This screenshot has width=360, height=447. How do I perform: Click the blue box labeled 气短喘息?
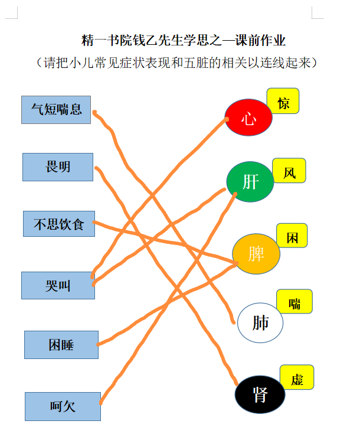tap(56, 110)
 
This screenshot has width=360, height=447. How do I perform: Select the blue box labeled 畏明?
tap(58, 167)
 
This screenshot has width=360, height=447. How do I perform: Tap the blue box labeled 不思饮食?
tap(59, 224)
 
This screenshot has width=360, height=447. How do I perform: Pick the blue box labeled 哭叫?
tap(58, 285)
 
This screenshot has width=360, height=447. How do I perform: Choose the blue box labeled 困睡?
tap(61, 345)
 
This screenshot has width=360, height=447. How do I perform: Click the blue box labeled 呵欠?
tap(63, 406)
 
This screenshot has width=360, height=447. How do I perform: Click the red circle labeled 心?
tap(248, 118)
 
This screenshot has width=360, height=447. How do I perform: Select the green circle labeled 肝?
tap(250, 182)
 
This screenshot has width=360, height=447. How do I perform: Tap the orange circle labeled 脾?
tap(256, 254)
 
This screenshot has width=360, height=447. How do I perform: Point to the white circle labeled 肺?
tap(260, 323)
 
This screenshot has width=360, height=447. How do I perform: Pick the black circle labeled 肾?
tap(260, 394)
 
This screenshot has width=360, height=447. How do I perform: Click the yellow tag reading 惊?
tap(283, 101)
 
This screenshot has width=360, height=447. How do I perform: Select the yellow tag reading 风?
tap(289, 171)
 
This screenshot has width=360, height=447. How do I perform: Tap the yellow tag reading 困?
tap(292, 236)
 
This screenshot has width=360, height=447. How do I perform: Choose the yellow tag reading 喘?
tap(294, 301)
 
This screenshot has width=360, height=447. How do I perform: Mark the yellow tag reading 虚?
tap(297, 377)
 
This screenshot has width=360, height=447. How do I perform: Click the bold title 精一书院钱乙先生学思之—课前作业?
tap(183, 40)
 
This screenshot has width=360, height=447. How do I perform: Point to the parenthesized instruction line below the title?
tap(176, 63)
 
